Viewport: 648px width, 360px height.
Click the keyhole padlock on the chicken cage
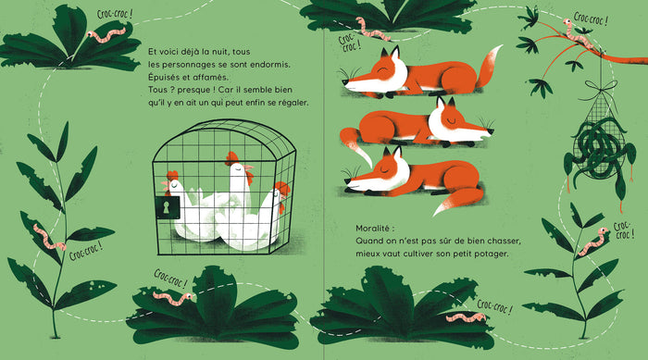click(x=168, y=207)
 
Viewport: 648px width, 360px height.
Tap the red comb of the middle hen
click(x=231, y=157)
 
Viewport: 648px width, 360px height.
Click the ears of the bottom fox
click(x=393, y=152)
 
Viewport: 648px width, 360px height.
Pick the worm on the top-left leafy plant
click(x=106, y=35)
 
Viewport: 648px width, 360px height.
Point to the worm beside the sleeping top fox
click(x=373, y=30)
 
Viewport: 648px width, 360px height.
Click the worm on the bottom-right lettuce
click(x=466, y=317)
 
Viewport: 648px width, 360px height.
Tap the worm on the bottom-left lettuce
click(x=173, y=298)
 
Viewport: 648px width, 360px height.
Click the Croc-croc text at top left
click(x=115, y=14)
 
